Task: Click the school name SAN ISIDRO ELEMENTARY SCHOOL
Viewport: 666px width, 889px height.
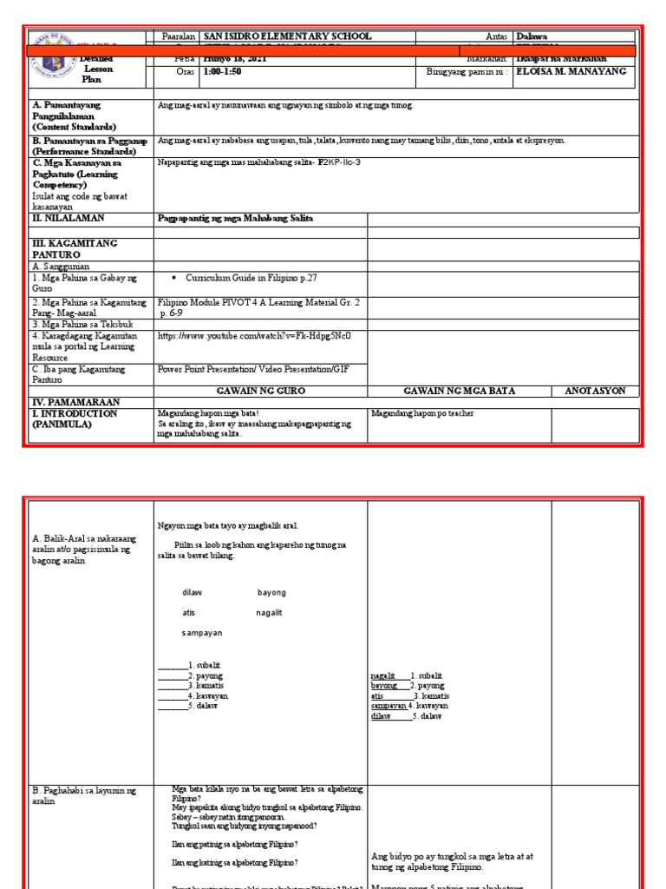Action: [286, 36]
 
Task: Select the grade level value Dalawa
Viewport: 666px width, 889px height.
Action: [532, 36]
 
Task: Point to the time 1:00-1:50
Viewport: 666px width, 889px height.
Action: [222, 72]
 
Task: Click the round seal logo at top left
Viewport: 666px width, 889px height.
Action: [53, 56]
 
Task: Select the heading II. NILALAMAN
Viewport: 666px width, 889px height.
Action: [68, 218]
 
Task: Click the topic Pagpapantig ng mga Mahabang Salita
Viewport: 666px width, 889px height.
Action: [235, 218]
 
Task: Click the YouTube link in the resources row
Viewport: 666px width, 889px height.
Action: [253, 335]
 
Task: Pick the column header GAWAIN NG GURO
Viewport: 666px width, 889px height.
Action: [260, 392]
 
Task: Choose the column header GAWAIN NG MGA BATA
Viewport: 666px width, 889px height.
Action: [459, 392]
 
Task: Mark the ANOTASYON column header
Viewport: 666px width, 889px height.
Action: [595, 392]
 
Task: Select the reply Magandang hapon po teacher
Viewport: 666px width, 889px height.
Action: [422, 414]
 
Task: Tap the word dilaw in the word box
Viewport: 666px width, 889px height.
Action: [192, 592]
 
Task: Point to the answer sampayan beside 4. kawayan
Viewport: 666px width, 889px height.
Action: [388, 706]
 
